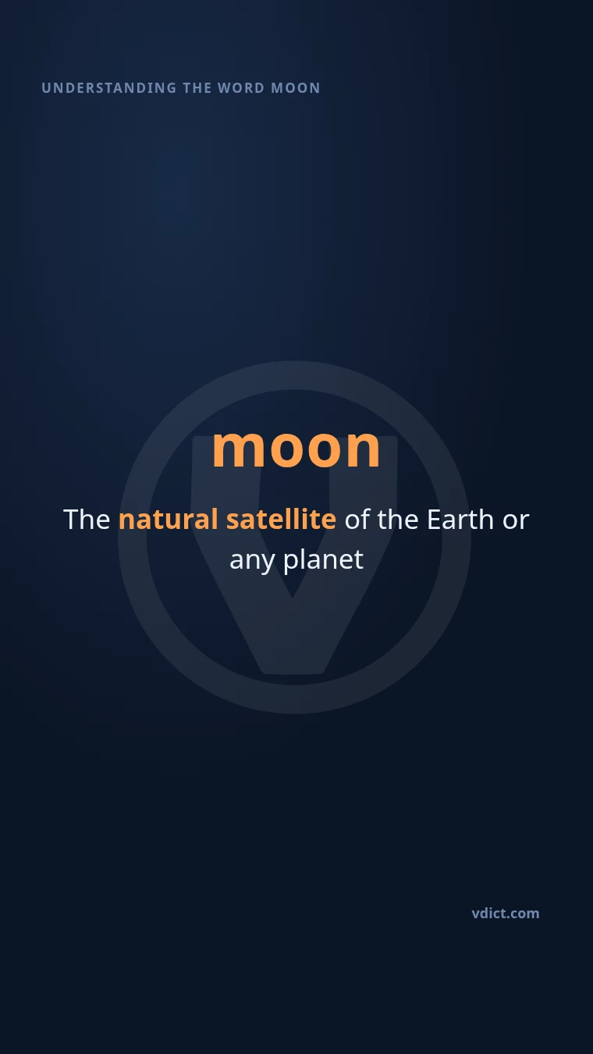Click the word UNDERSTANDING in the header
[109, 88]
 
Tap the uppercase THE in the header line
[197, 88]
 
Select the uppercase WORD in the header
[241, 88]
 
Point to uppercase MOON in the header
[296, 88]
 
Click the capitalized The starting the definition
[87, 520]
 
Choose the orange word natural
[168, 520]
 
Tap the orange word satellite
[282, 520]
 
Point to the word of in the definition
[357, 520]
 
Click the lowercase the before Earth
[398, 520]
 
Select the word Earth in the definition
[460, 520]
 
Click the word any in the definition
[252, 562]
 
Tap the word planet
[323, 560]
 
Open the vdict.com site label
[506, 914]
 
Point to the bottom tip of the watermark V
[293, 673]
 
